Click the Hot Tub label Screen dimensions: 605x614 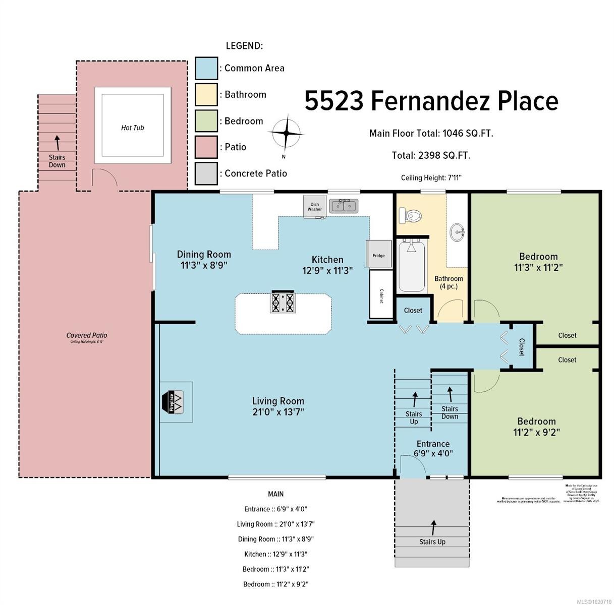[132, 128]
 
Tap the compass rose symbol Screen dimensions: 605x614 [286, 133]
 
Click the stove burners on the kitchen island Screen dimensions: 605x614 [283, 302]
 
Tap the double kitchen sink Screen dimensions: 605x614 [344, 206]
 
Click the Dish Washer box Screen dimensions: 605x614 [314, 207]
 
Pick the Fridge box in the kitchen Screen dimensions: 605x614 [378, 255]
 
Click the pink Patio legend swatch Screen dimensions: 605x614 [206, 147]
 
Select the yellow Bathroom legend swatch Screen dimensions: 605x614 [206, 95]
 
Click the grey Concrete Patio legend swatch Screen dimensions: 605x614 [206, 173]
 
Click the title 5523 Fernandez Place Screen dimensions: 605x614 [431, 101]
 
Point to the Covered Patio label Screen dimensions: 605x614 [87, 335]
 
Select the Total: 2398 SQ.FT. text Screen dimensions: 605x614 [431, 155]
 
